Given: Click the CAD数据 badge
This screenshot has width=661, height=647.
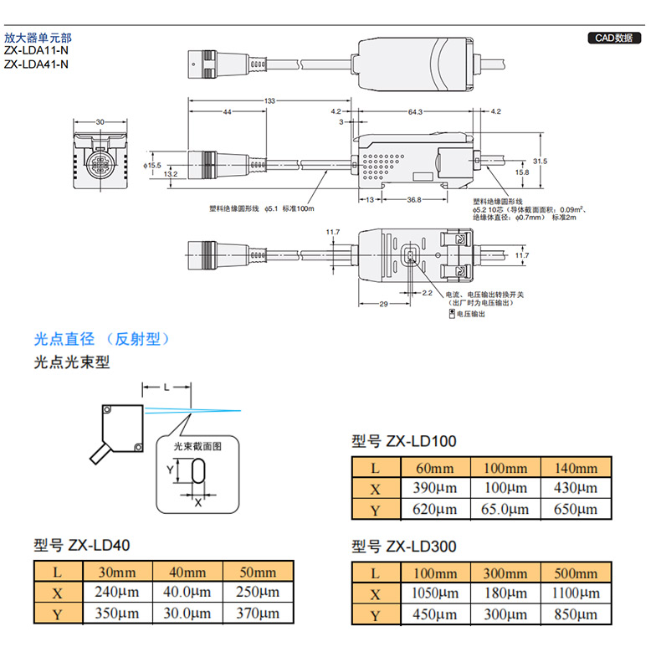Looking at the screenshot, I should [613, 38].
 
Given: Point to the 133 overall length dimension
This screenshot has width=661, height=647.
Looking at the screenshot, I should [269, 101].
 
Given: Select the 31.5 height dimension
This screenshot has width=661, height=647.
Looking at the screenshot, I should [540, 161].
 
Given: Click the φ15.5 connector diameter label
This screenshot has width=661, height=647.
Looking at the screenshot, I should [152, 166].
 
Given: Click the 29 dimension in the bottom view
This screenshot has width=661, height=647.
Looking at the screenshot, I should [382, 304].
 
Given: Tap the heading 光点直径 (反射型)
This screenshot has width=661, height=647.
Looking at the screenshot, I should [101, 339].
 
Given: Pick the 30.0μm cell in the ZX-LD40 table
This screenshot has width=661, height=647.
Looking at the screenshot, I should [187, 614].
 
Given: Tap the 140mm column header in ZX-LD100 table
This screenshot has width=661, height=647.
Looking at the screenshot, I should [576, 468].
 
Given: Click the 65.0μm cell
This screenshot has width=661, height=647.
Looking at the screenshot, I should [506, 509].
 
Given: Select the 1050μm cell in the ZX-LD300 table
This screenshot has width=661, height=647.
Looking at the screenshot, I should [436, 594].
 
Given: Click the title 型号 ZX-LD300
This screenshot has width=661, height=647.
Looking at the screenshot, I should [404, 547].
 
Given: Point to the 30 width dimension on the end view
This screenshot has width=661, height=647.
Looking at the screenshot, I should [100, 122].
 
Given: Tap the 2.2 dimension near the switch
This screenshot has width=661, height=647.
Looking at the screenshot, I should [428, 293].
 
